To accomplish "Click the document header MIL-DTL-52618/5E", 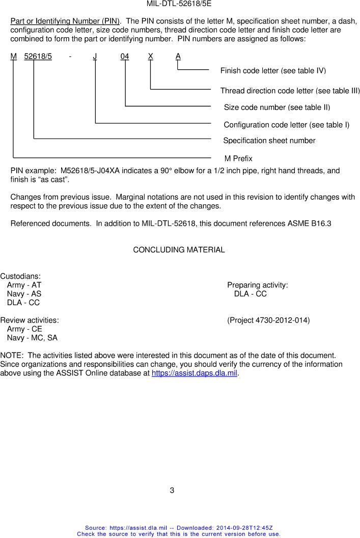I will click(x=180, y=4).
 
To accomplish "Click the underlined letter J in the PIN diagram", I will click(x=95, y=57).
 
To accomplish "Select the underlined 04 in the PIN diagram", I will click(x=125, y=57).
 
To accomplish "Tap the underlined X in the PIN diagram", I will click(x=151, y=57).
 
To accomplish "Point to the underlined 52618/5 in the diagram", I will click(x=38, y=57).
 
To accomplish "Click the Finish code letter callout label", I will click(x=273, y=70).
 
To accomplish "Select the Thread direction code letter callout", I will click(x=290, y=91).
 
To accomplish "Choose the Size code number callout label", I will click(x=277, y=107).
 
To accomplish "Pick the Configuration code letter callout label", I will click(x=286, y=125).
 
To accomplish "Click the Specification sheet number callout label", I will click(x=269, y=141).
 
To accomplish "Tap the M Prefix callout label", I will click(x=238, y=158).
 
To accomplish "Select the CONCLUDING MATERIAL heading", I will click(x=179, y=250).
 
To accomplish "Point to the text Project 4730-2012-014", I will click(x=268, y=320).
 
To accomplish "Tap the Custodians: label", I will click(x=20, y=276).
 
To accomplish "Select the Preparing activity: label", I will click(x=258, y=285).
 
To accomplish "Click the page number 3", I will click(x=172, y=491).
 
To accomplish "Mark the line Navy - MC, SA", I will click(x=32, y=338).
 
